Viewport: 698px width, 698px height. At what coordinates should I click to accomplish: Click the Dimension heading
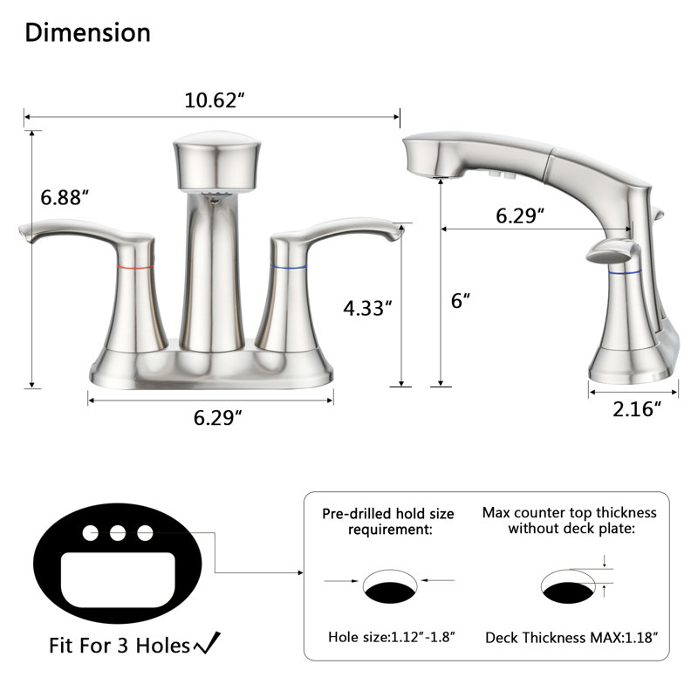88,33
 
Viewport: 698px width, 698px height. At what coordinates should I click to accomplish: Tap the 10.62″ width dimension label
215,100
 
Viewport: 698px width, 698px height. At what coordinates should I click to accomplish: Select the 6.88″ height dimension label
65,198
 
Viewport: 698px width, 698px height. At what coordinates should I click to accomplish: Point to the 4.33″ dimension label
367,308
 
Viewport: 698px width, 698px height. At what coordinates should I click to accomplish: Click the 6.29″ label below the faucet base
217,418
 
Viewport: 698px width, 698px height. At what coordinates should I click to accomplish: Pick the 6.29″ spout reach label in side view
520,216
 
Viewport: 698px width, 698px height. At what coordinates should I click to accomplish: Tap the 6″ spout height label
461,301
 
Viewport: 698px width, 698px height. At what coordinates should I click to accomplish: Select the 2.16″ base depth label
637,409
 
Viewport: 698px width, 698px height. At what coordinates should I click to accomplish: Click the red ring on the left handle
135,268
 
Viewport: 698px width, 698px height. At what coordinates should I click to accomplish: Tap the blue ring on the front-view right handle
289,267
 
